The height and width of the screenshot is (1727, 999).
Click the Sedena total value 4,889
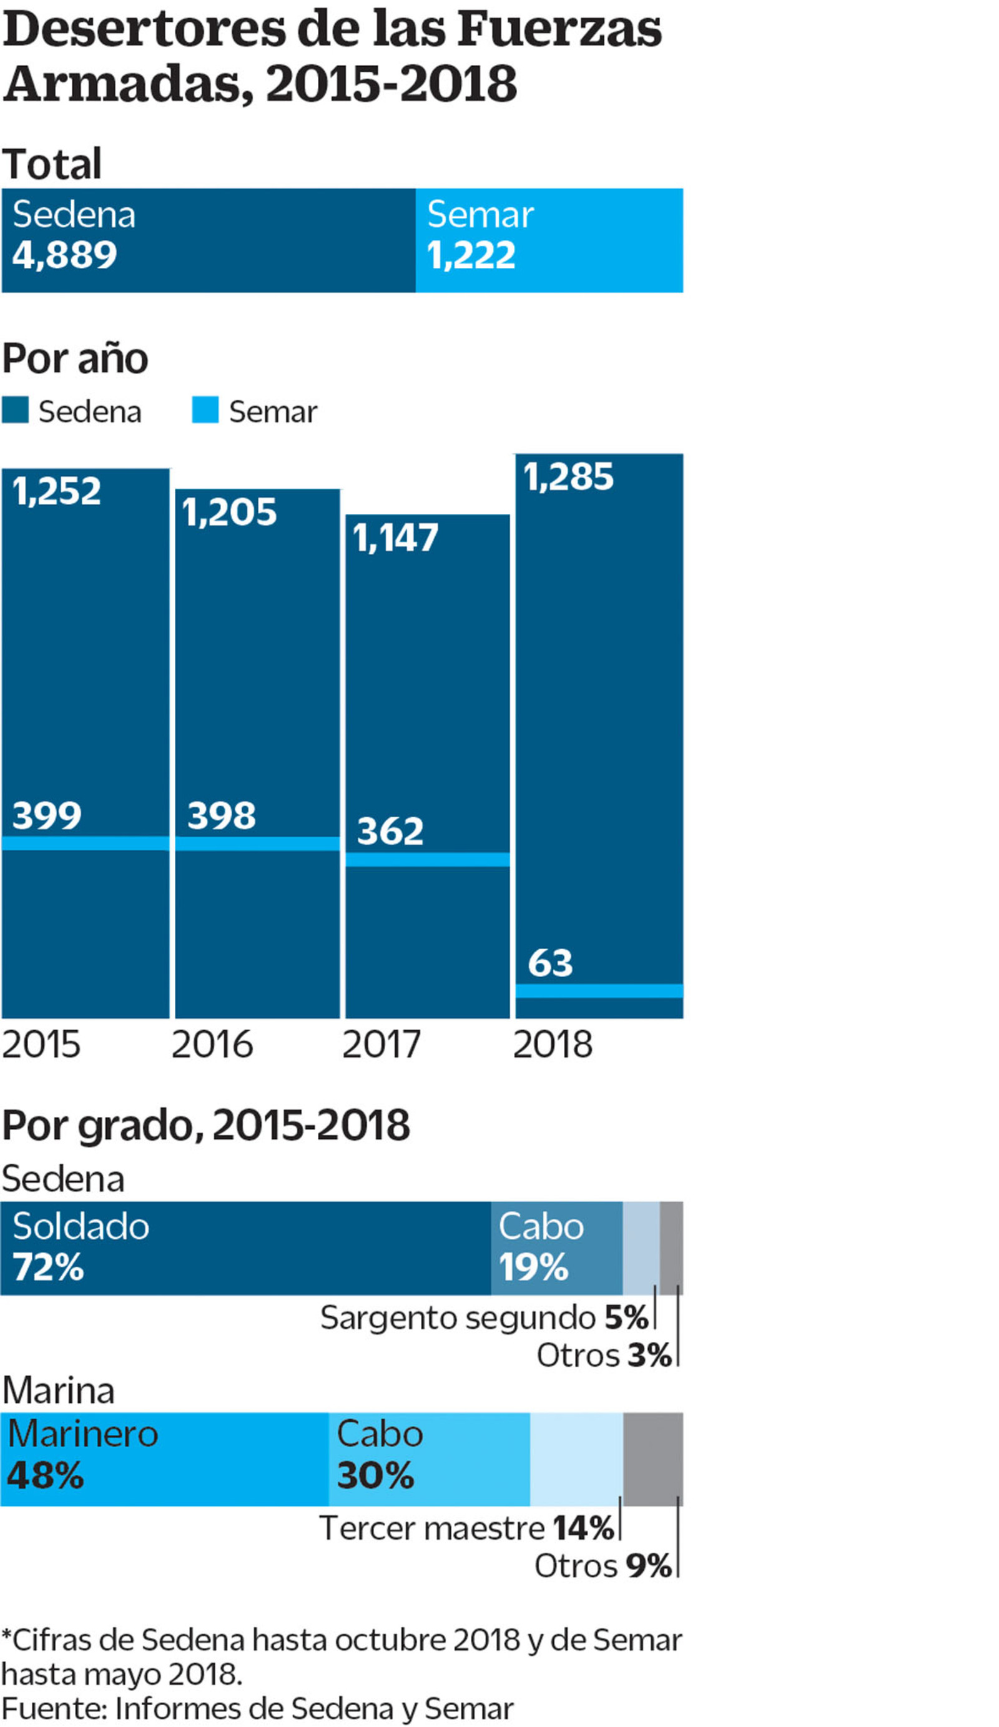pos(64,255)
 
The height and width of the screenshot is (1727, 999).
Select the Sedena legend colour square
pos(15,410)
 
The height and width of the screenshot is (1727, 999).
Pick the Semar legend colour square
pos(205,410)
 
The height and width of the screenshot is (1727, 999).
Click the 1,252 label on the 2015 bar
pos(57,491)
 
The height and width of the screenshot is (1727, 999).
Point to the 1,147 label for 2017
pos(395,538)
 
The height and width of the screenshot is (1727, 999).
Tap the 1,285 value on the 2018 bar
pos(568,477)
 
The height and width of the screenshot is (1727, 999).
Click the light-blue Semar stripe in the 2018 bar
pos(599,990)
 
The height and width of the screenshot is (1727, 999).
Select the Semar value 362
pos(390,831)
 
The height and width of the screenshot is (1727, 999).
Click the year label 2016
pos(212,1045)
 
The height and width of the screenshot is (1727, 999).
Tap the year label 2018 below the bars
pos(552,1045)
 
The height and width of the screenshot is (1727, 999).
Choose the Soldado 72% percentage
pos(48,1266)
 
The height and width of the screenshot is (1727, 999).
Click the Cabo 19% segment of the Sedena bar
pos(556,1248)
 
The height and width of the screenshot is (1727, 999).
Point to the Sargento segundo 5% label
pos(484,1317)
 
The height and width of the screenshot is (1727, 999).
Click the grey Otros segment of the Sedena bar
pos(671,1248)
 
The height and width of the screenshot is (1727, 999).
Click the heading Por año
pos(76,358)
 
